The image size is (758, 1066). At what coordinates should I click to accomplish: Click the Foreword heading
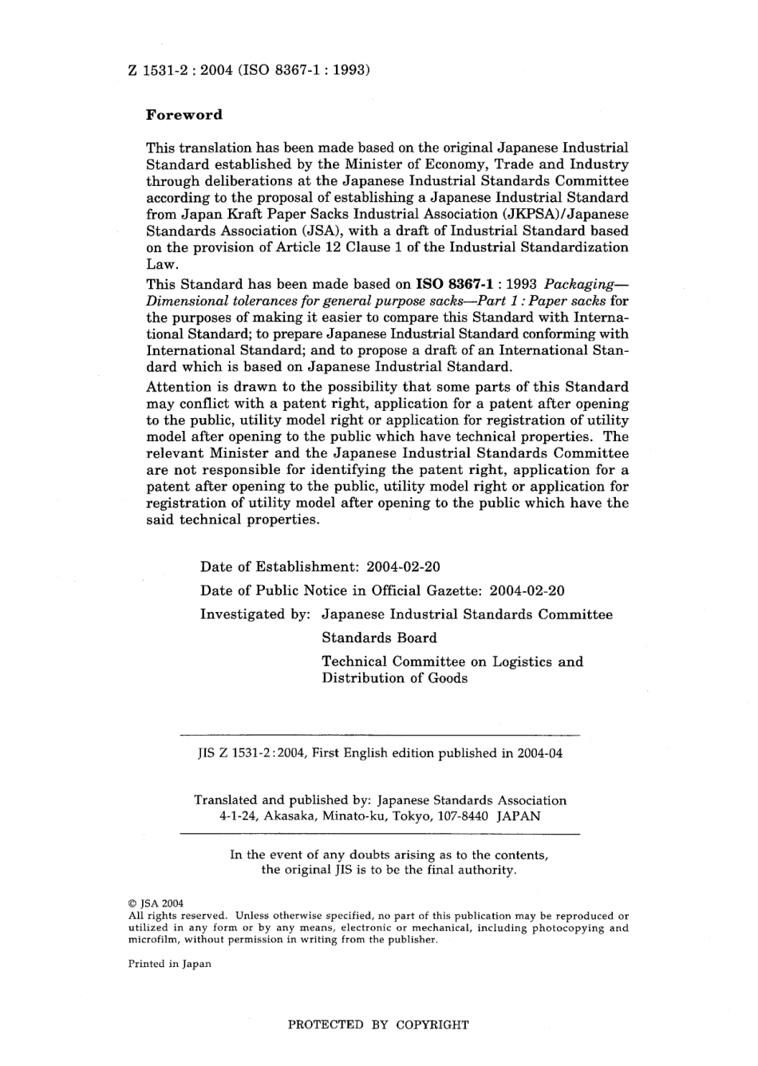click(x=184, y=115)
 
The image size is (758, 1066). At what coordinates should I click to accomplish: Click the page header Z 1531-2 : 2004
click(x=176, y=70)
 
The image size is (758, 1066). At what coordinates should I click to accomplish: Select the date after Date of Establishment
click(x=403, y=567)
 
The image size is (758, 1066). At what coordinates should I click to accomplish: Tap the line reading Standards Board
click(x=379, y=638)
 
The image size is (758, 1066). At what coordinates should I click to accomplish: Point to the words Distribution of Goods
click(x=394, y=679)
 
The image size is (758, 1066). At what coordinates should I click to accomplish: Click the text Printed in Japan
click(x=169, y=964)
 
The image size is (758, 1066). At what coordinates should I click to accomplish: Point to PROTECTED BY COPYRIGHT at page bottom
click(x=378, y=1025)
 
